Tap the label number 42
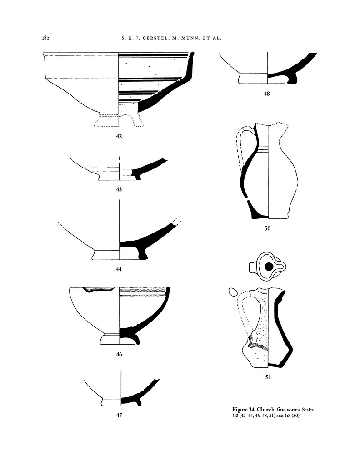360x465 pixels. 119,135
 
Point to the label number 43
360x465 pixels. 119,189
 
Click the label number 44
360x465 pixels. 119,269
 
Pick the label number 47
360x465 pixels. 119,415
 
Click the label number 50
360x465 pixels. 267,228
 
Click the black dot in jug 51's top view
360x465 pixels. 269,267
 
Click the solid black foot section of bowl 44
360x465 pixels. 139,252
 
